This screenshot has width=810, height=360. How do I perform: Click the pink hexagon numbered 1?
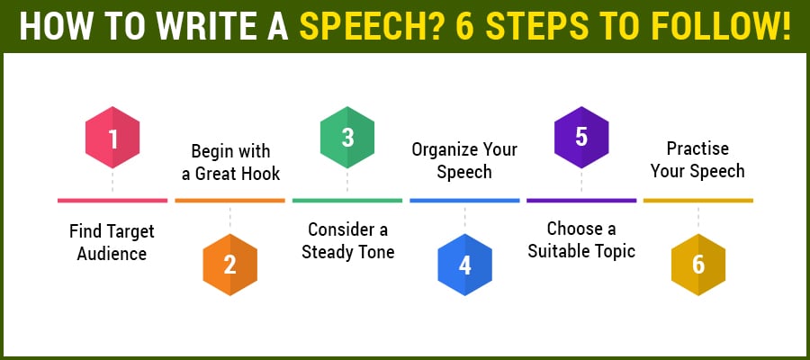(112, 138)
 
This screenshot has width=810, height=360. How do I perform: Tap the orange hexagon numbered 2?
(229, 265)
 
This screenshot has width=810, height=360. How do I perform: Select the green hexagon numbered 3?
(347, 138)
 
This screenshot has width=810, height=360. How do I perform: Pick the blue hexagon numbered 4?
(464, 265)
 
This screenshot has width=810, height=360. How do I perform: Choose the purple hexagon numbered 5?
(581, 138)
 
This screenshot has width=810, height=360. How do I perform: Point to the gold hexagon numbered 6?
(698, 265)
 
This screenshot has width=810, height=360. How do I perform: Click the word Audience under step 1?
(112, 254)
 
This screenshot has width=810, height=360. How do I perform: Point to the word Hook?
(260, 173)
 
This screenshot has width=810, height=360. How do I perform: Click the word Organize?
(445, 149)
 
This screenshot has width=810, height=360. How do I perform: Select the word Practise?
(697, 148)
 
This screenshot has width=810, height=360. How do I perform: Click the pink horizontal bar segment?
(112, 201)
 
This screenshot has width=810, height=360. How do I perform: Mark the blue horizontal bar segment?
(464, 201)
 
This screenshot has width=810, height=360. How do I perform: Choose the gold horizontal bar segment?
(698, 201)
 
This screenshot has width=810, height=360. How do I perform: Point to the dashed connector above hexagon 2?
(229, 218)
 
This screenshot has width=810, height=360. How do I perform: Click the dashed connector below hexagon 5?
(581, 183)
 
